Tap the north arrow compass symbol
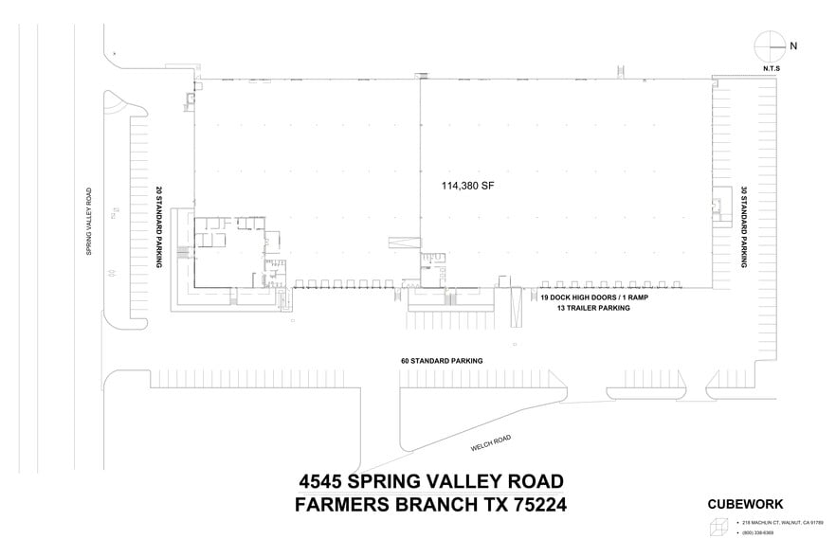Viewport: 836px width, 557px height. (x=768, y=45)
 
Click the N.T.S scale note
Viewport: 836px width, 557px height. (x=771, y=68)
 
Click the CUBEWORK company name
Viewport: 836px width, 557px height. (x=745, y=505)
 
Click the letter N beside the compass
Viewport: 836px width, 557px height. (x=792, y=45)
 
